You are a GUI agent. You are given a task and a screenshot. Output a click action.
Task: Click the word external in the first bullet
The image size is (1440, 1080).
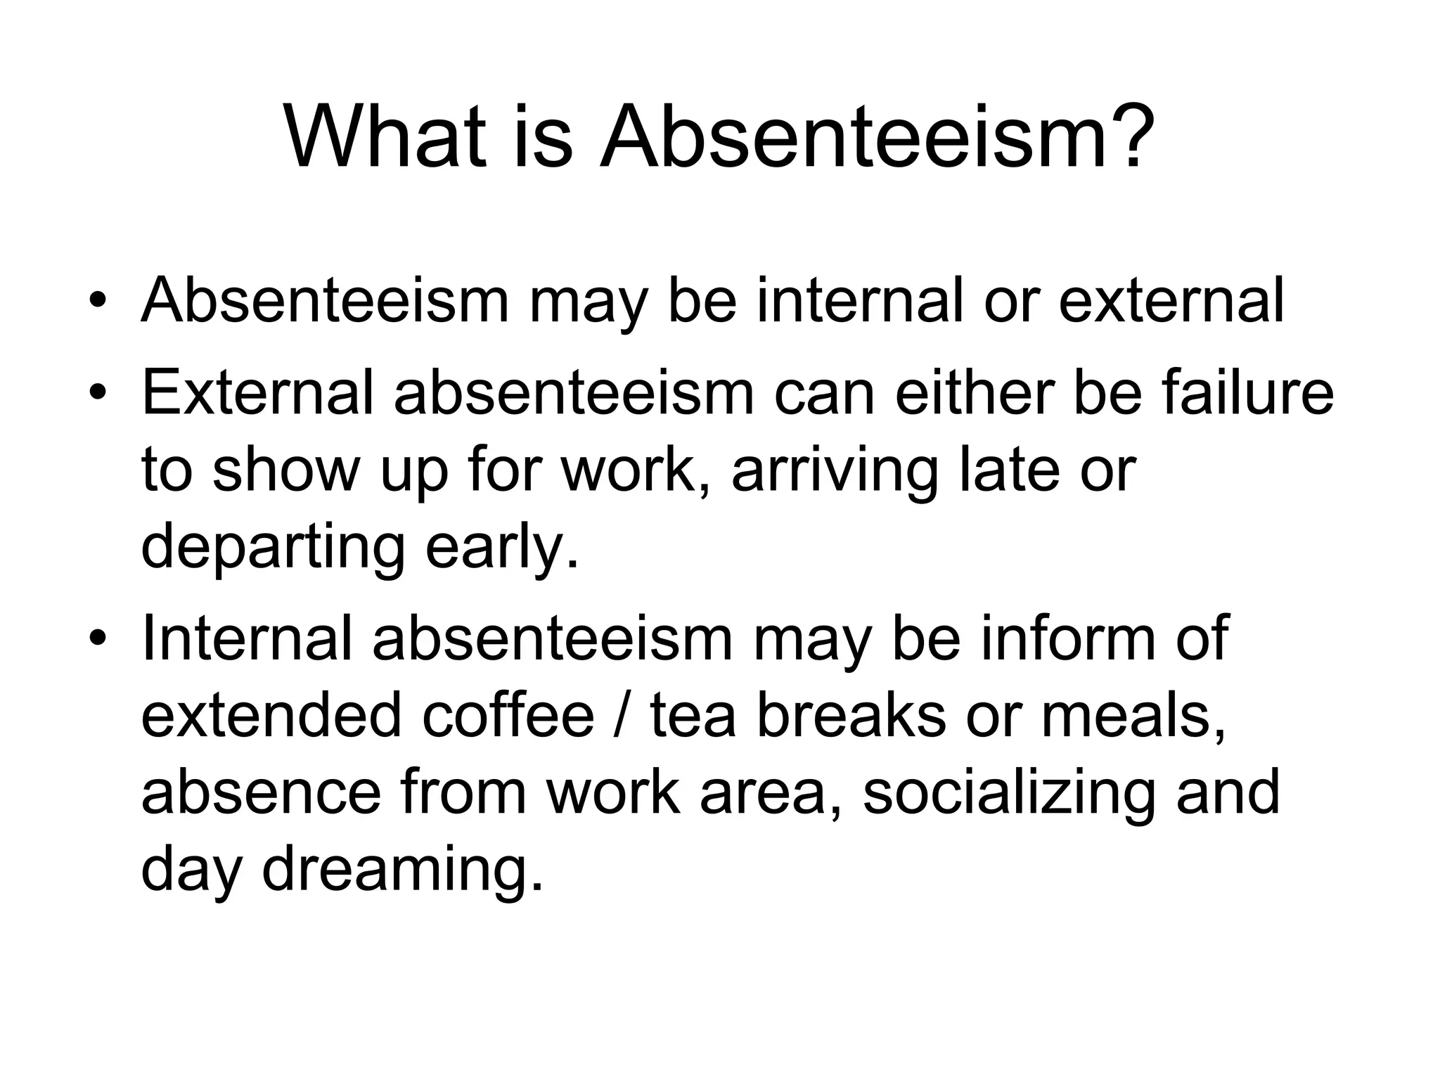(1171, 301)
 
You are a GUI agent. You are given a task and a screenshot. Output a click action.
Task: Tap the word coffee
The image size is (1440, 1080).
(508, 716)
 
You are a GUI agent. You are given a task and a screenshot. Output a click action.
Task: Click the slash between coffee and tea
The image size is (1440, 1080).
(622, 716)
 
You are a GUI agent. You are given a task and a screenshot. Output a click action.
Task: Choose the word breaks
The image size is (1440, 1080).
(851, 716)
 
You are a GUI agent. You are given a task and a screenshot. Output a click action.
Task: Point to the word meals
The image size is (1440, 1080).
(1133, 716)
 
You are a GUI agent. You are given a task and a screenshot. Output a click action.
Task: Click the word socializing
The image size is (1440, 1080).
(1009, 793)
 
